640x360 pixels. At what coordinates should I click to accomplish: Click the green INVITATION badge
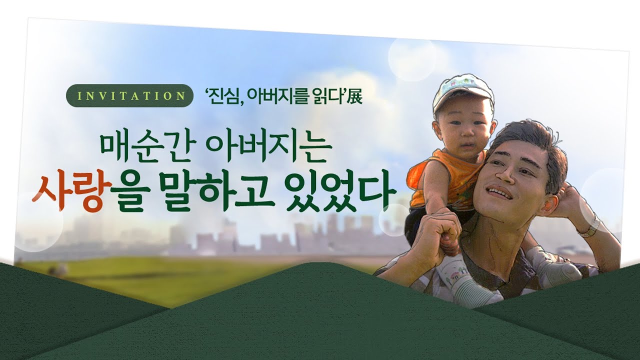tap(130, 95)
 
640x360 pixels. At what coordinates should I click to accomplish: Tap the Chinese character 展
tap(354, 97)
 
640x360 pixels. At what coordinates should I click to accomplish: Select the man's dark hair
tap(531, 143)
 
